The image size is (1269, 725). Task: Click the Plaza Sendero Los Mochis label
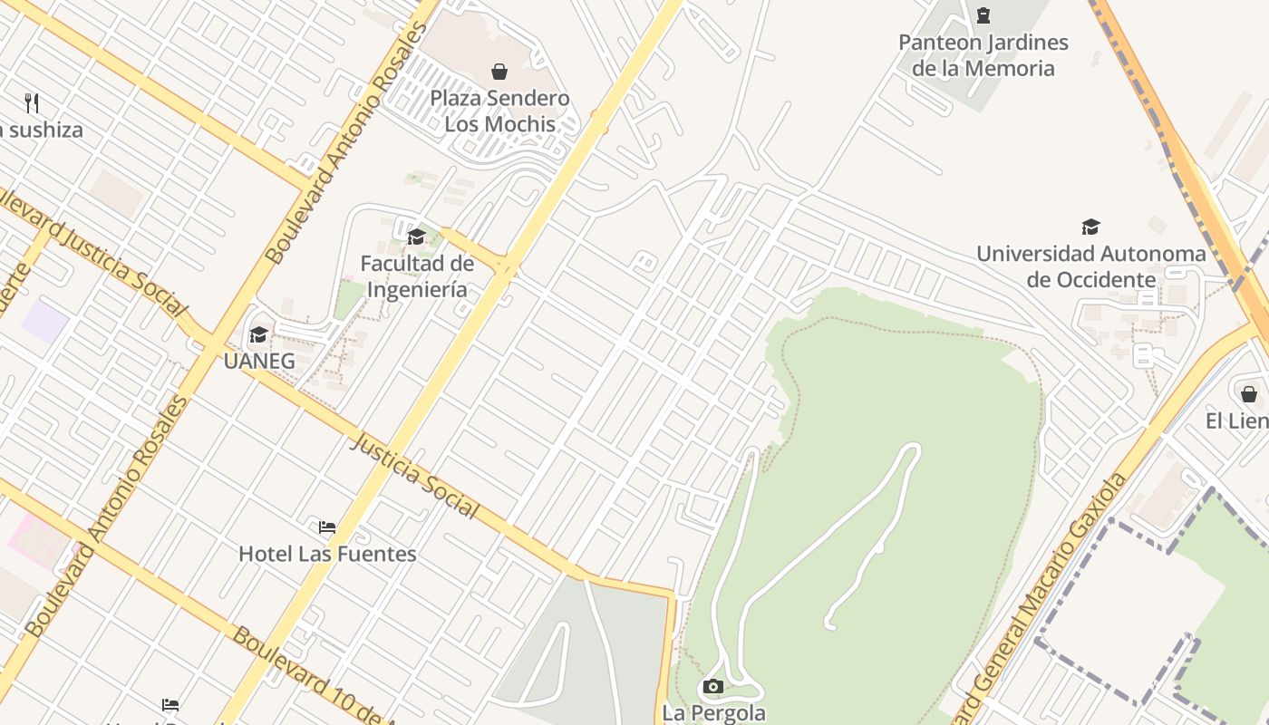pos(499,111)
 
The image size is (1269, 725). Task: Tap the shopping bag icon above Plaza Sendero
pos(499,72)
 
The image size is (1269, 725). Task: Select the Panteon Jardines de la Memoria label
pos(983,55)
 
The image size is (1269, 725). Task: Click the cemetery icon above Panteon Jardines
pos(983,15)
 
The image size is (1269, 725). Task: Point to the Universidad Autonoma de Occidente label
pos(1091,266)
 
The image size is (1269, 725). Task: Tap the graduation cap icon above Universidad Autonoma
pos(1090,227)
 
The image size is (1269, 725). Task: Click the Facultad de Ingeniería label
pos(417,276)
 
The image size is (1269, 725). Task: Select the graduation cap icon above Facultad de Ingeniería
pos(416,237)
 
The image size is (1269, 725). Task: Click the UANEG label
pos(259,361)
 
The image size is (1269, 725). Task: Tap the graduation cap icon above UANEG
pos(258,335)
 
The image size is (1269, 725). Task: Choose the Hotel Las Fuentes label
pos(327,554)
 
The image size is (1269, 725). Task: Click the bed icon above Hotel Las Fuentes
pos(327,527)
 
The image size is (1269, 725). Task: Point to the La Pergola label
pos(714,713)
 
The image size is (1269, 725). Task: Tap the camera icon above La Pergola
pos(713,686)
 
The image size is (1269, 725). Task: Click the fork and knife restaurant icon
pos(32,102)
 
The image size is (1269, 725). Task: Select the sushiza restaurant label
pos(42,130)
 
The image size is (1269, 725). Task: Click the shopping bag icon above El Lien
pos(1249,394)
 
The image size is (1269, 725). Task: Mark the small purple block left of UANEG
pos(45,322)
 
